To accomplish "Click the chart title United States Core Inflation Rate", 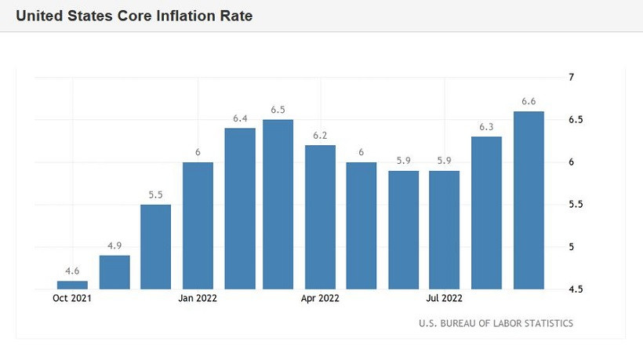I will click(134, 16).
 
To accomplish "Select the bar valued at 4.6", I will click(72, 285).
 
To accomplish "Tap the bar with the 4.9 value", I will click(114, 272).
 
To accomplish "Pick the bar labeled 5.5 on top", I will click(156, 246).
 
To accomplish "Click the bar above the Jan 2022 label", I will click(198, 225).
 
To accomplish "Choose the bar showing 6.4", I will click(240, 208).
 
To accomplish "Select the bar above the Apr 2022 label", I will click(320, 216).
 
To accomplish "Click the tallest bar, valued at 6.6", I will click(529, 200).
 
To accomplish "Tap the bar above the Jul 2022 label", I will click(445, 230).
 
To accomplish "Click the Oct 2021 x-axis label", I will click(72, 299).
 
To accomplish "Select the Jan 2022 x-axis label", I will click(198, 299).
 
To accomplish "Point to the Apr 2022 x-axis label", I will click(320, 299).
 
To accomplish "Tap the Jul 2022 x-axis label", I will click(445, 299).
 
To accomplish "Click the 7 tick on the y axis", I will click(572, 77).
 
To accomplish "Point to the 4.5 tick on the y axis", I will click(576, 289).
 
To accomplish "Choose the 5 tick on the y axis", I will click(572, 247).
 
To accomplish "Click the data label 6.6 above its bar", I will click(529, 101).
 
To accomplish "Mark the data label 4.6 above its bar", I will click(72, 271).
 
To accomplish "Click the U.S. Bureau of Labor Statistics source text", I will click(496, 323).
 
